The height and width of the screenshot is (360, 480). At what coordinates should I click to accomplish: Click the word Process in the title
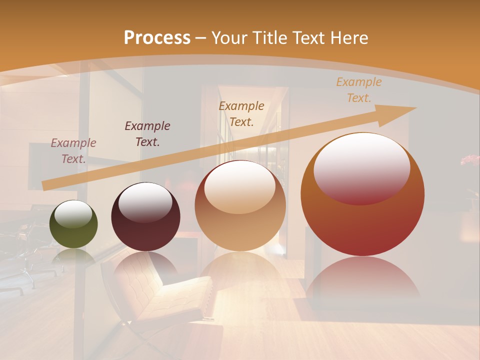157,38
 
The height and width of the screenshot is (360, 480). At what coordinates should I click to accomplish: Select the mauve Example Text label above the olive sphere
73,151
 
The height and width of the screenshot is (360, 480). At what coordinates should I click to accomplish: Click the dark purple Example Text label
147,134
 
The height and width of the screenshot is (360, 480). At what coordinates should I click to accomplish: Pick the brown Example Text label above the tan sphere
241,113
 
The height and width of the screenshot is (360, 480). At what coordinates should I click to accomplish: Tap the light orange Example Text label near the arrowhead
358,90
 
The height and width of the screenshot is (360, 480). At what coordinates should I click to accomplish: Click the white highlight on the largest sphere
361,165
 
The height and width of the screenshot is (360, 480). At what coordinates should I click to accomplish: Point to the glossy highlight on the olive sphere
73,213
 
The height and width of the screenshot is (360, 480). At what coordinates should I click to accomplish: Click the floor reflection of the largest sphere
362,280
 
